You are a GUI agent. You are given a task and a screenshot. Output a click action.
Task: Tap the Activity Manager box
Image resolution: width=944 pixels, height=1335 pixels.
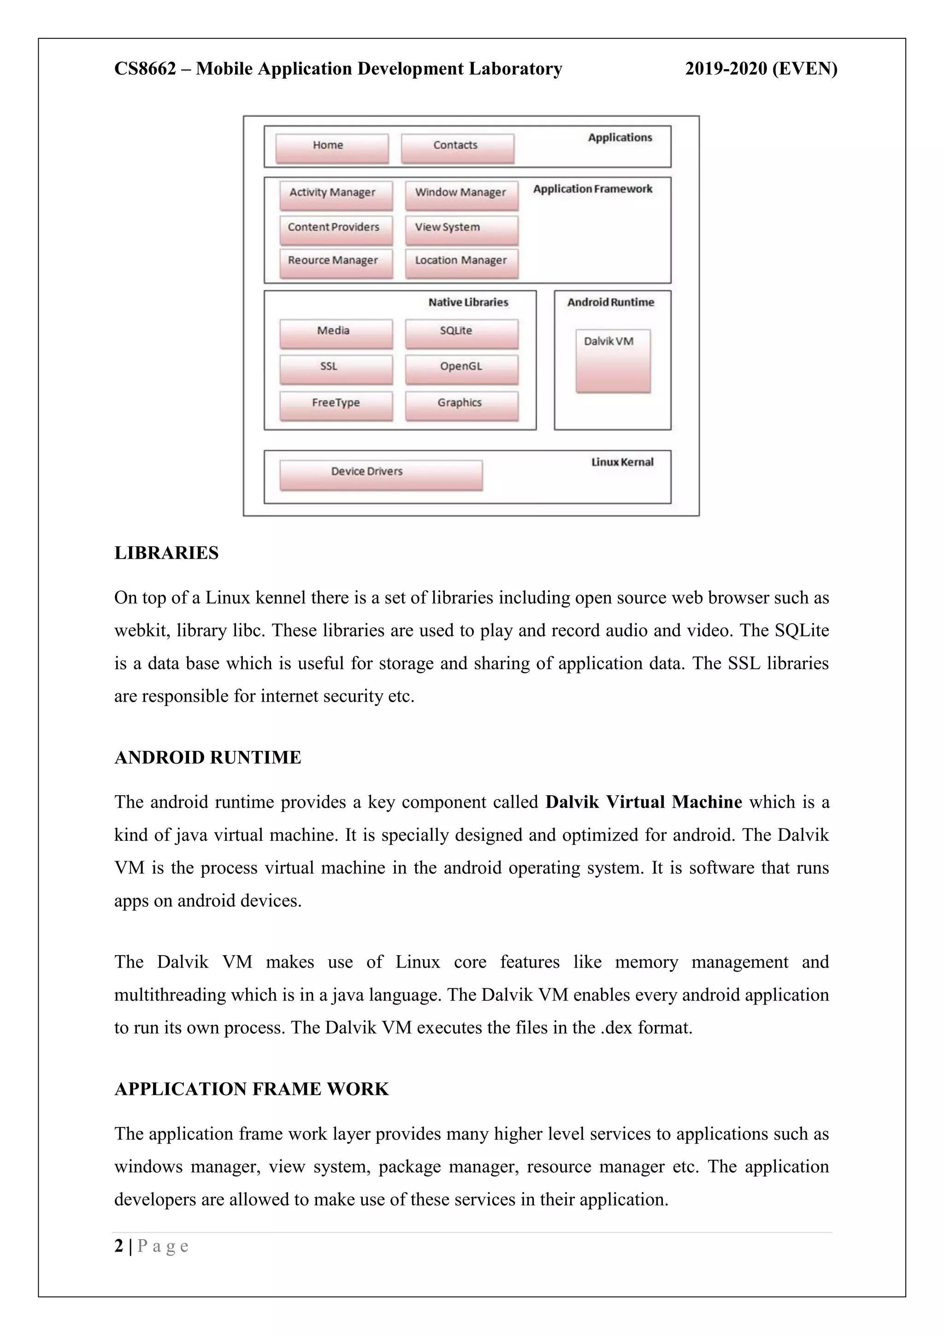[336, 195]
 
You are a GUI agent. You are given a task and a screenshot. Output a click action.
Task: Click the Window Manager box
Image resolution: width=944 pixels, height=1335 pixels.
[461, 195]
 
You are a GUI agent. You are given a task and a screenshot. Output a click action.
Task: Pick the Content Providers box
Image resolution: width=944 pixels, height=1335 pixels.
[336, 229]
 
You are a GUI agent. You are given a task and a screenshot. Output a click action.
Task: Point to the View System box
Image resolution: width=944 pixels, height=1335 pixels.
[461, 229]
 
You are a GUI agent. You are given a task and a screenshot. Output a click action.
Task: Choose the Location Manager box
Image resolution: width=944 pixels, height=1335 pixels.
[461, 263]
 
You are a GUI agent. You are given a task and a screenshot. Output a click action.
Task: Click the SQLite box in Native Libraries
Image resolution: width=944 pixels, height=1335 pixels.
[461, 333]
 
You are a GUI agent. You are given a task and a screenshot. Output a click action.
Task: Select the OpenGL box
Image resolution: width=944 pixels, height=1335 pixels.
[461, 369]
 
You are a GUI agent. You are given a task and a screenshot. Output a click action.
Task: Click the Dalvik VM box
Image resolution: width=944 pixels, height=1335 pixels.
[613, 360]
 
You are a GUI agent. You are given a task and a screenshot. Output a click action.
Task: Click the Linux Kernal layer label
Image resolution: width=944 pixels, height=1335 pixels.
[622, 462]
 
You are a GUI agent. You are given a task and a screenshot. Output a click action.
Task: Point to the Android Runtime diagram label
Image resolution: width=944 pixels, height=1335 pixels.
[610, 302]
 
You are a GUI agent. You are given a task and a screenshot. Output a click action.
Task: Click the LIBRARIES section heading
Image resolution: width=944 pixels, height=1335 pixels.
[166, 553]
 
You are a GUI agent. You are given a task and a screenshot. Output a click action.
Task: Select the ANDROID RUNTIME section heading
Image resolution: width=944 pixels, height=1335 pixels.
[207, 758]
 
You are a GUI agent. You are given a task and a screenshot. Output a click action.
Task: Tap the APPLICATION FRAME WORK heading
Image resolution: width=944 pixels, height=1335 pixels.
[251, 1089]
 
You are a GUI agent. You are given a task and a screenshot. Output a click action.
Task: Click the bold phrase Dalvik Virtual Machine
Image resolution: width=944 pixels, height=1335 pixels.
[643, 803]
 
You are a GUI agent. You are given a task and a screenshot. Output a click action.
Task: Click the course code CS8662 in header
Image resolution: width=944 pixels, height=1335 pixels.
[145, 69]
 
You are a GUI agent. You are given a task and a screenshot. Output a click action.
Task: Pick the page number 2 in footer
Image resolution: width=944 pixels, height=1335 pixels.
[118, 1246]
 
